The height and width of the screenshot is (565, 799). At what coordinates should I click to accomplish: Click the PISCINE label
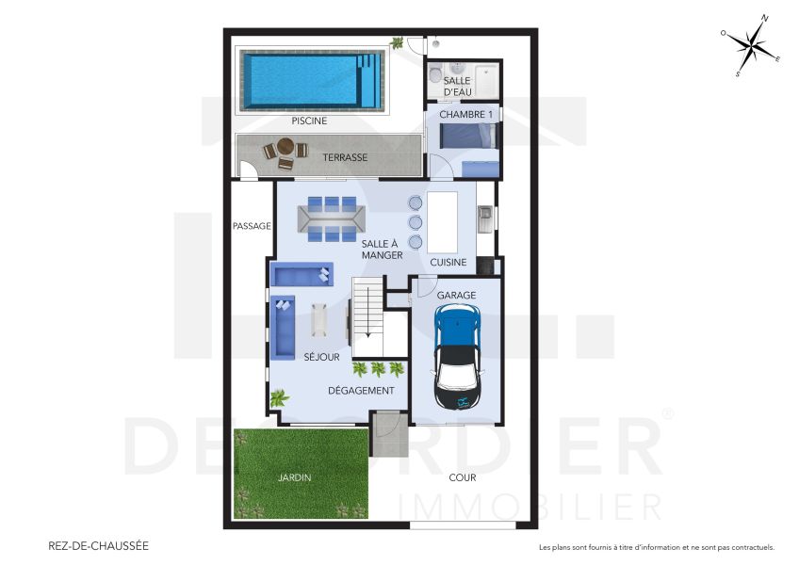[x=309, y=121]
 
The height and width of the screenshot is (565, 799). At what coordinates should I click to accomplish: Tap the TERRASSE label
[x=345, y=157]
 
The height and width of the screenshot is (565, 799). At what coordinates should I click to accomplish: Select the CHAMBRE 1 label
[x=465, y=115]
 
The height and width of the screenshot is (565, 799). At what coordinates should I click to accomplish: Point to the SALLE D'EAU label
[x=457, y=87]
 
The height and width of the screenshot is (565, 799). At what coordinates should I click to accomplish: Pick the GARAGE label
[x=456, y=295]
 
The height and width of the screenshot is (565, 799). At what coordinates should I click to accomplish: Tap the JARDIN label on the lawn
[x=294, y=477]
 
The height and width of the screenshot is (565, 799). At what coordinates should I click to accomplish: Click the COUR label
[x=462, y=477]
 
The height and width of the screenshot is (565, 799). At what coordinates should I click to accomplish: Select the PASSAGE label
[x=253, y=226]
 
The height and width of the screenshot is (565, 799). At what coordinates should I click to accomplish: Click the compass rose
[x=752, y=44]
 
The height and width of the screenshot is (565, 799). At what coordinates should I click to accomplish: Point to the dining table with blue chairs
[x=333, y=218]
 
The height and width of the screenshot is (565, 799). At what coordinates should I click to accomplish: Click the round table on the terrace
[x=285, y=149]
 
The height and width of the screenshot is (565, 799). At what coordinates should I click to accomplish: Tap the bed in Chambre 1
[x=466, y=137]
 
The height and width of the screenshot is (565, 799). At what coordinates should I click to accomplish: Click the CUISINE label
[x=448, y=262]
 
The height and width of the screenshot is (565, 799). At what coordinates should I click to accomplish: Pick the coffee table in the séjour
[x=320, y=319]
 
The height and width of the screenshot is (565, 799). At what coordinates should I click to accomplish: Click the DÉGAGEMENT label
[x=361, y=391]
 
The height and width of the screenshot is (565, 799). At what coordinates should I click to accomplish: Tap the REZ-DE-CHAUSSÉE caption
[x=98, y=545]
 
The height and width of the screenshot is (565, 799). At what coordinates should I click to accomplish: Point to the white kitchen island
[x=442, y=220]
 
